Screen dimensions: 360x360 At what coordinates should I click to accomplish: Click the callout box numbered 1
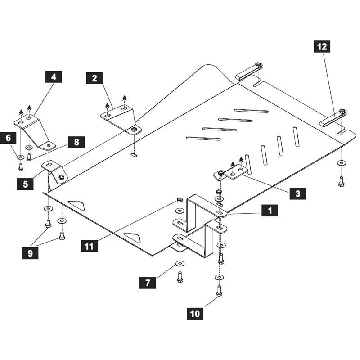pyautogui.click(x=270, y=210)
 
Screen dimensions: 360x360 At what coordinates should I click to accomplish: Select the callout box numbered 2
pyautogui.click(x=94, y=78)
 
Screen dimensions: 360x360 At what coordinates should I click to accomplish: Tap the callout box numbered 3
pyautogui.click(x=298, y=194)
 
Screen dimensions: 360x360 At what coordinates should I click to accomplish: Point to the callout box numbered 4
pyautogui.click(x=53, y=76)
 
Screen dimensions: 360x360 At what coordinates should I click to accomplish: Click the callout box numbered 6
pyautogui.click(x=8, y=138)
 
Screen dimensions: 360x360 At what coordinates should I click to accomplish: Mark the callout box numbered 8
pyautogui.click(x=76, y=143)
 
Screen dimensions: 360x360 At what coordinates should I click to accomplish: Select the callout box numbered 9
pyautogui.click(x=30, y=253)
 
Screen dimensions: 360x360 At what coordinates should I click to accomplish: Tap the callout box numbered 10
pyautogui.click(x=195, y=314)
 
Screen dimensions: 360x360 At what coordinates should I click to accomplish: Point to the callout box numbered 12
pyautogui.click(x=322, y=46)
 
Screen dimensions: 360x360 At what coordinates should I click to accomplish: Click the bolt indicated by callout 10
pyautogui.click(x=219, y=291)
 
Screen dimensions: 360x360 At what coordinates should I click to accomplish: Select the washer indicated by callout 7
pyautogui.click(x=180, y=263)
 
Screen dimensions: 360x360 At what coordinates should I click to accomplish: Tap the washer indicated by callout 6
pyautogui.click(x=21, y=157)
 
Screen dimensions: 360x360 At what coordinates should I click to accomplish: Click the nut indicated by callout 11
pyautogui.click(x=180, y=200)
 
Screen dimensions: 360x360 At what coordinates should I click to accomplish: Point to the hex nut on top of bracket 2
pyautogui.click(x=134, y=130)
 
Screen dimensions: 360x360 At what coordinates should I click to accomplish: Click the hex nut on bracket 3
pyautogui.click(x=221, y=173)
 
